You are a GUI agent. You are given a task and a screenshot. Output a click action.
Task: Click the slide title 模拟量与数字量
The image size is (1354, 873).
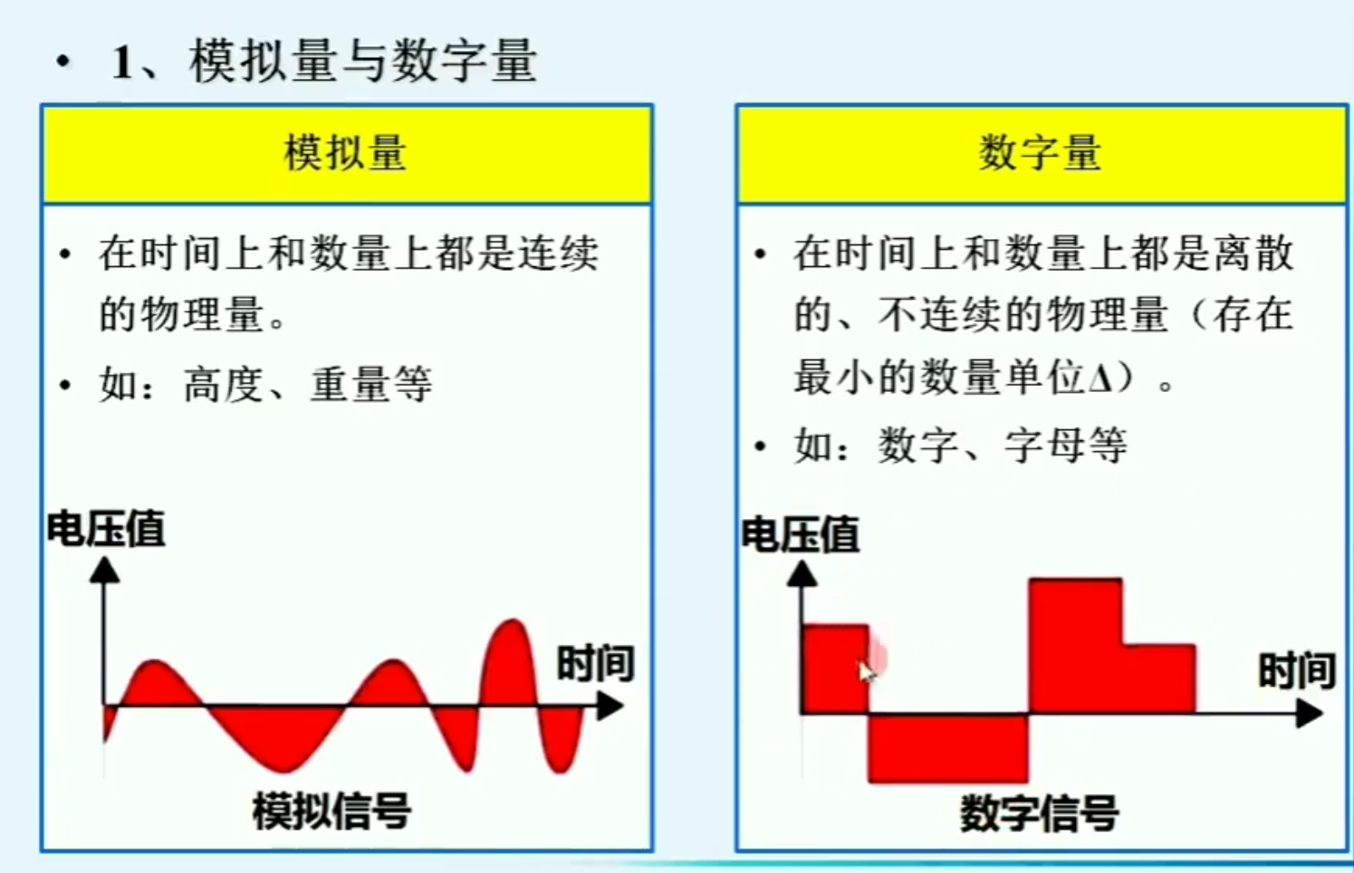(362, 62)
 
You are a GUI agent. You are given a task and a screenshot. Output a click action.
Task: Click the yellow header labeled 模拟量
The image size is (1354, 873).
(345, 153)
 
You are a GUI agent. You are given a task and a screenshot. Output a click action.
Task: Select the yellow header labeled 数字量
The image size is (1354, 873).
(1040, 153)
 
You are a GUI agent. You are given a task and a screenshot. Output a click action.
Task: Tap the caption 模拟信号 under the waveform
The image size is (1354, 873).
(331, 811)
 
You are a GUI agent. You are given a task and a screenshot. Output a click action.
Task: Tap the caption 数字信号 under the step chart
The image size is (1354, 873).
(1039, 814)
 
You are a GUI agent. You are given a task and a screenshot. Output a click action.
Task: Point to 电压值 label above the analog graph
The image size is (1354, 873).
(106, 529)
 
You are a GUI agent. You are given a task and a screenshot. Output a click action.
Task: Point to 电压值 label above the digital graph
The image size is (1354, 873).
(801, 534)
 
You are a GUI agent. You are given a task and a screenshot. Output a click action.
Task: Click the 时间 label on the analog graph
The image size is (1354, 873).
(595, 664)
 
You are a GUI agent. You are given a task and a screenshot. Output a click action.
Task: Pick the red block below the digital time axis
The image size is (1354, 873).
(947, 748)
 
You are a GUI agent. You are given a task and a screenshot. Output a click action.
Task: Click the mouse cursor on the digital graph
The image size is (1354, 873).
(866, 670)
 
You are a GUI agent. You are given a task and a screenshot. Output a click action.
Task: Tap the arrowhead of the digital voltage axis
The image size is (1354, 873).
(802, 574)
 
